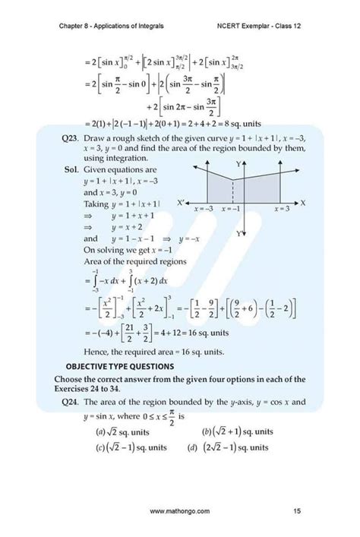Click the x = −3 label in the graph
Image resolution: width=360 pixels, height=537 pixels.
click(203, 207)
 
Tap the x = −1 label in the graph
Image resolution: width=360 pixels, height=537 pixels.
click(230, 207)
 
